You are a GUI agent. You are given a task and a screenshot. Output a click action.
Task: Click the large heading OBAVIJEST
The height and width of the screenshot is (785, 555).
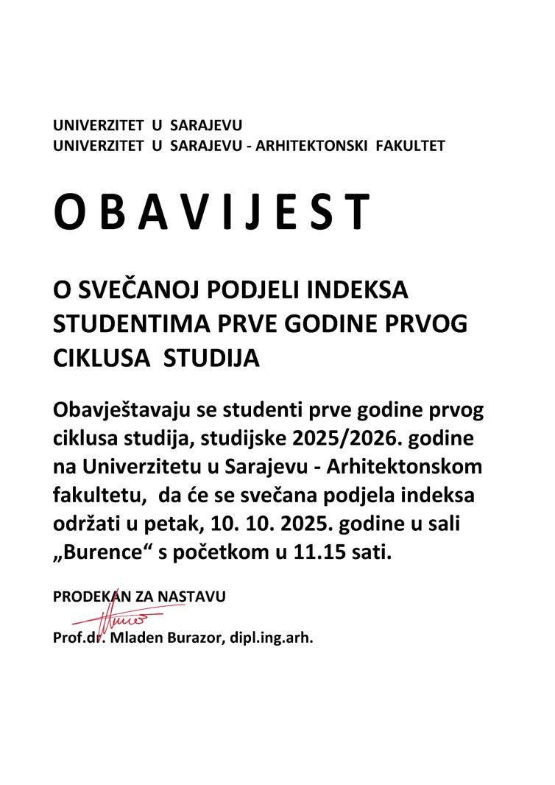211,214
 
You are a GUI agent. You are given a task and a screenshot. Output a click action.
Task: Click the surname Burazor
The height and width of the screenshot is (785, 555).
191,638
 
